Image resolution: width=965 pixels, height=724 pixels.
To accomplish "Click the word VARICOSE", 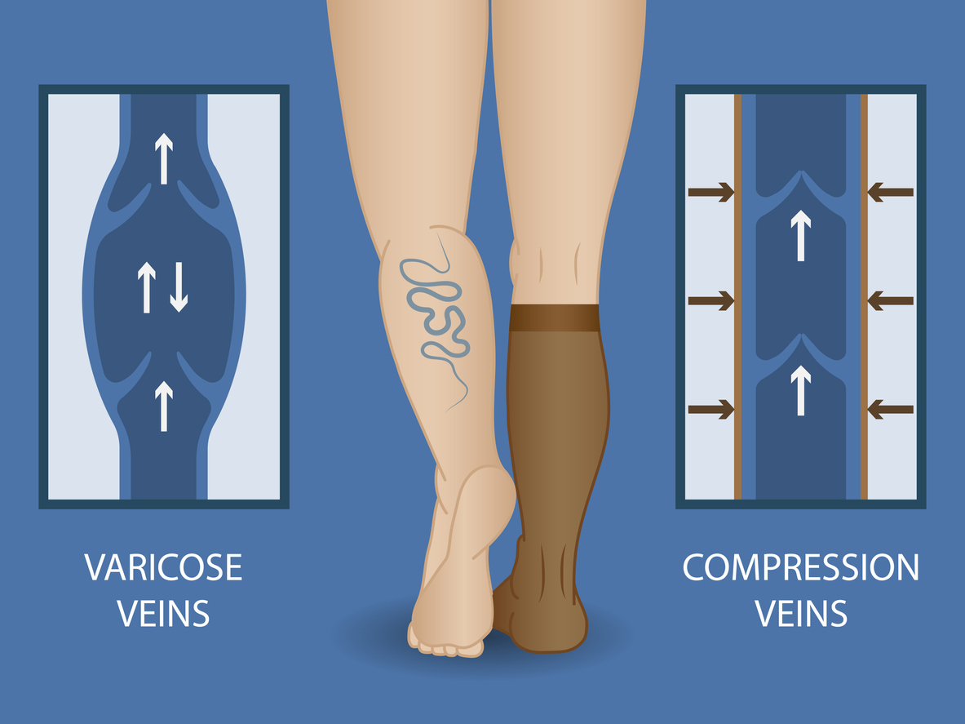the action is click(x=163, y=567).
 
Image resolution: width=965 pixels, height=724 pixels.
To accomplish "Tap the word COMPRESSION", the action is click(x=801, y=567).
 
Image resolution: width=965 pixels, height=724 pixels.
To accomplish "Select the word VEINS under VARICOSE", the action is click(x=163, y=613).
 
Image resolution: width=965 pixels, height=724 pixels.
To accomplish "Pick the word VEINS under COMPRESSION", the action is click(x=801, y=613).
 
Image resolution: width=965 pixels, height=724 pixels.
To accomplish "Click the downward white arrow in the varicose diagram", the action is click(x=179, y=286).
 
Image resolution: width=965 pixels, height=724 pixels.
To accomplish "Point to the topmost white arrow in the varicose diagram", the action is click(x=164, y=158).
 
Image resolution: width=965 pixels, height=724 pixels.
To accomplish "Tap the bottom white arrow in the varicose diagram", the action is click(x=164, y=406).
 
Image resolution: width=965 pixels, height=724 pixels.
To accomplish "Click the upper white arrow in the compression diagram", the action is click(x=801, y=235).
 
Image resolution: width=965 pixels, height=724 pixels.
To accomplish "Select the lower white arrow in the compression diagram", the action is click(x=801, y=390).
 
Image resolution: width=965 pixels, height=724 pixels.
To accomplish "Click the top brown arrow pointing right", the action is click(x=710, y=192).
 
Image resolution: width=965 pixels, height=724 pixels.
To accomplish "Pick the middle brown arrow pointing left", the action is click(x=891, y=300).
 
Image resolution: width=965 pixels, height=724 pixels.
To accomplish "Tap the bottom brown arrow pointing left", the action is click(x=891, y=409).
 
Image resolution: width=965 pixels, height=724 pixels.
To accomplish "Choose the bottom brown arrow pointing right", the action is click(x=710, y=409).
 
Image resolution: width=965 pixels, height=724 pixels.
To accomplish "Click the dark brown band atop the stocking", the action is click(x=555, y=318).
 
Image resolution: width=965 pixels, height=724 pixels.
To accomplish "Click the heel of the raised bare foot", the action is click(x=489, y=492).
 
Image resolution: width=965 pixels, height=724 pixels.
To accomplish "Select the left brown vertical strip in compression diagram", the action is click(x=738, y=296).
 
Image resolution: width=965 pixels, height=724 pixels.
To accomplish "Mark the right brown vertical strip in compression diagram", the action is click(x=864, y=296).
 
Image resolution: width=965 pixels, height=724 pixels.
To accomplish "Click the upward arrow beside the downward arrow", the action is click(x=147, y=287).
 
